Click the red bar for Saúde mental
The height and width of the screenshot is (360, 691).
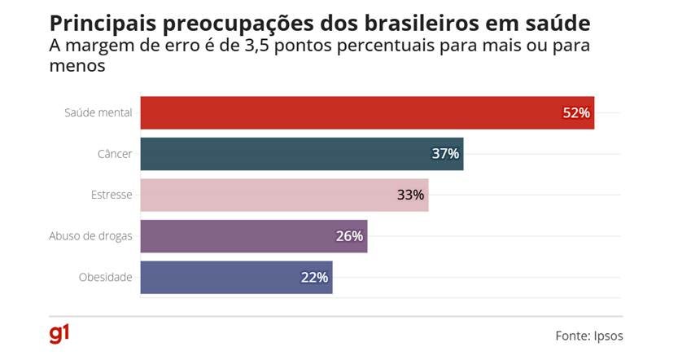(x=366, y=113)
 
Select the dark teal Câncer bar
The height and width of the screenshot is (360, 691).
(x=301, y=154)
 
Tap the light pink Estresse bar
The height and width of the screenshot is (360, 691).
(x=283, y=195)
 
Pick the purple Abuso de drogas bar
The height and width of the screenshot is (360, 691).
(x=253, y=236)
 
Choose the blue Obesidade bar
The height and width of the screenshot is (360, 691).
(x=236, y=277)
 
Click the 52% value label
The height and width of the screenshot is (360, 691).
(x=575, y=113)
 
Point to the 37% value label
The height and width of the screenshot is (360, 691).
(x=445, y=154)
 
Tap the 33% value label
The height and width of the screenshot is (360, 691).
(x=410, y=195)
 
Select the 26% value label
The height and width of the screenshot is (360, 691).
(x=349, y=236)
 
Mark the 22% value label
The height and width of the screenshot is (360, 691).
(x=314, y=277)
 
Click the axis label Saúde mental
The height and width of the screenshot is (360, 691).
(x=98, y=113)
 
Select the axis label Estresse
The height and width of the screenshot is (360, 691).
(x=112, y=195)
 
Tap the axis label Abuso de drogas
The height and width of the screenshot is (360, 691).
(x=90, y=236)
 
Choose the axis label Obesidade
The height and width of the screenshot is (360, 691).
(x=105, y=277)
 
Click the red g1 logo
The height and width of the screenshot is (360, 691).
(x=59, y=333)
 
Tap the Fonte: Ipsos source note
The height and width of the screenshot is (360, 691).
(x=589, y=336)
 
